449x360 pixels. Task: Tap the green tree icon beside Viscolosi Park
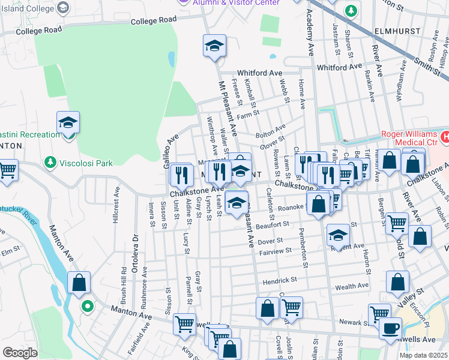tap(49, 162)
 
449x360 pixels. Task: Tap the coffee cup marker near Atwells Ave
tap(390, 328)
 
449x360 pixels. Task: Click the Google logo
tap(20, 352)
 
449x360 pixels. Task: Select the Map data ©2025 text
tap(424, 355)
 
